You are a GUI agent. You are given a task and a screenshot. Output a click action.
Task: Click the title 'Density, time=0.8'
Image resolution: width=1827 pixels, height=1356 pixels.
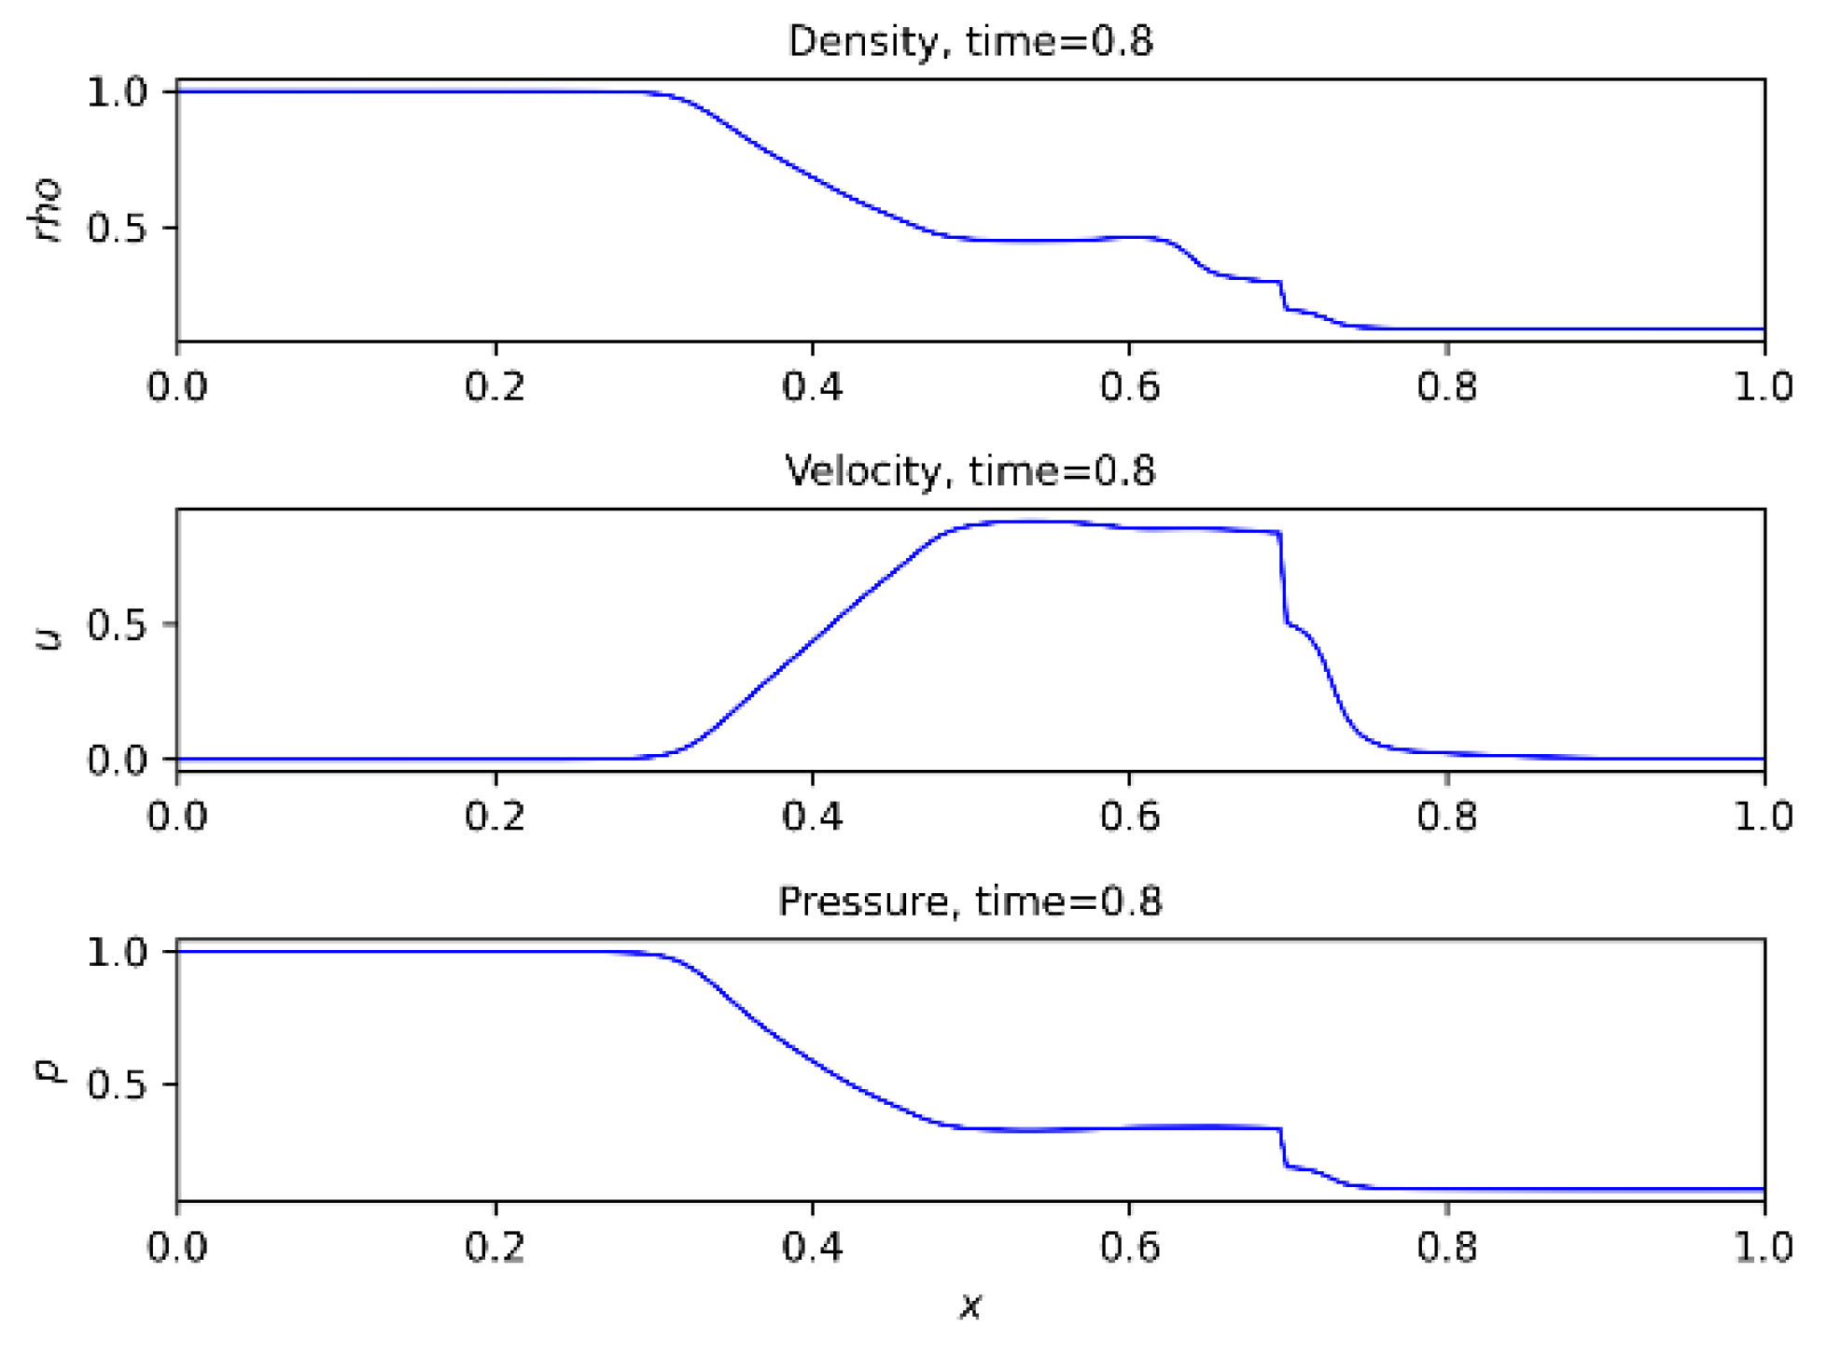tap(970, 42)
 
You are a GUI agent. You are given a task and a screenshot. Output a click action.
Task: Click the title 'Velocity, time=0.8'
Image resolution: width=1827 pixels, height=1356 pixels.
tap(970, 471)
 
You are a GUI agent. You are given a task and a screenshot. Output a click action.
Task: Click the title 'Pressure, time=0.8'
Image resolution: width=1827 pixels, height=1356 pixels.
tap(970, 902)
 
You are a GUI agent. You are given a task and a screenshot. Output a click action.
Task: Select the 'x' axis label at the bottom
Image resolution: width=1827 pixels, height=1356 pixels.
tap(970, 1307)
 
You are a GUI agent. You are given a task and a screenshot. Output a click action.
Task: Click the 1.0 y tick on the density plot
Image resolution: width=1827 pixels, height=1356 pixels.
tap(117, 92)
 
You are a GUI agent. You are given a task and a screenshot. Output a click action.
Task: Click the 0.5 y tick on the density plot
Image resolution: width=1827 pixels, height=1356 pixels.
tap(117, 228)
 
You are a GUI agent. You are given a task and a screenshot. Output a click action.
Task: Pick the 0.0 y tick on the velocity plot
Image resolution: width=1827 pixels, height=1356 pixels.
tap(117, 760)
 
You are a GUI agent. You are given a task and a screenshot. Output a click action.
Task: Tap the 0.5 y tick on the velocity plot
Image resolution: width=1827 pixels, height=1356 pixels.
tap(117, 624)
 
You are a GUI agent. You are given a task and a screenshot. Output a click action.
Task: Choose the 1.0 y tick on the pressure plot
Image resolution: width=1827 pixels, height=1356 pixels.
tap(117, 953)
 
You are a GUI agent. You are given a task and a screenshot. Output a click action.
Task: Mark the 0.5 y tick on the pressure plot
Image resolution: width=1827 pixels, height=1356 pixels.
tap(117, 1085)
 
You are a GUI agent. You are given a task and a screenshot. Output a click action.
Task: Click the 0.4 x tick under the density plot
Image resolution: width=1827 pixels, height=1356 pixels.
tap(812, 386)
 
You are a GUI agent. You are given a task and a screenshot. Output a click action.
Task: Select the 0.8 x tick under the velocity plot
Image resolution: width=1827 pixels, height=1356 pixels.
tap(1446, 817)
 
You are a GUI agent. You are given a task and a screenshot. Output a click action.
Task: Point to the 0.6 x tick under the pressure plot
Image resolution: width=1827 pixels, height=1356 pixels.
tap(1129, 1247)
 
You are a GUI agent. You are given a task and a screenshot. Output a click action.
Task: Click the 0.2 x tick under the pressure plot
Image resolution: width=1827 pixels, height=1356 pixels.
tap(495, 1247)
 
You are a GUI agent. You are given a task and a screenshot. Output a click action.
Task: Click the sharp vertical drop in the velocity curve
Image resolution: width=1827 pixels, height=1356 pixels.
tap(1283, 579)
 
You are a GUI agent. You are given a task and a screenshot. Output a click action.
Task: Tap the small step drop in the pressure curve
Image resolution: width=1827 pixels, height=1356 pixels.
tap(1283, 1148)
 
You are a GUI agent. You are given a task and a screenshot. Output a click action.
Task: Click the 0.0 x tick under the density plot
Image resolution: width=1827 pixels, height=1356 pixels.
tap(177, 386)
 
